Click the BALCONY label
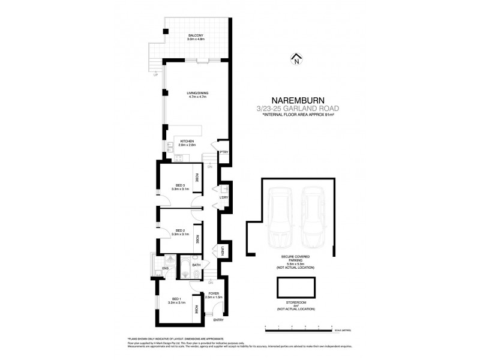(x=195, y=36)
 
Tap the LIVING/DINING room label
(x=197, y=93)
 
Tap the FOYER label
(x=213, y=294)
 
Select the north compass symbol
(x=295, y=59)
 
